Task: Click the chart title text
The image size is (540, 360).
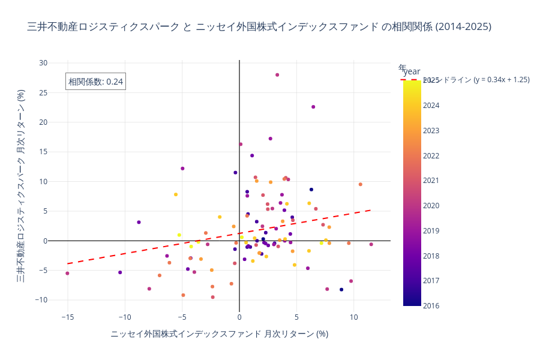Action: tap(259, 26)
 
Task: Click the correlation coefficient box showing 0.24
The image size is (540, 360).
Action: tap(95, 82)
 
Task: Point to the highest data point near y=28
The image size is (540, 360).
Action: tap(277, 75)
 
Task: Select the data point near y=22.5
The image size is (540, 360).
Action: tap(313, 107)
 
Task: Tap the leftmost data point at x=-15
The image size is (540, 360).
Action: tap(67, 273)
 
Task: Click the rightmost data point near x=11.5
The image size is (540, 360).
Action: tap(371, 244)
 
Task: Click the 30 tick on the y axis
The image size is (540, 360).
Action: tap(43, 62)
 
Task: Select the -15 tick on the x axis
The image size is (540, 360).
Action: tap(67, 317)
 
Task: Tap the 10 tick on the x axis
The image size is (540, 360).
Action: tap(354, 317)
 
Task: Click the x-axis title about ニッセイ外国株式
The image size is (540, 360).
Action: tap(219, 334)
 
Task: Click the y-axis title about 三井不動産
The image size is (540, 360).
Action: tap(20, 185)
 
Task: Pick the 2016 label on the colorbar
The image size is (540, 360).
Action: tap(431, 306)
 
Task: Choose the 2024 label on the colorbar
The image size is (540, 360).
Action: tap(431, 106)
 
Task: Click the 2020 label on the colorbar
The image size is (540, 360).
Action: tap(431, 206)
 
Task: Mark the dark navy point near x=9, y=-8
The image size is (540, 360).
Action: tap(341, 289)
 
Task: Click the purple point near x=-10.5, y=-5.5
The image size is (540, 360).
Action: tap(120, 272)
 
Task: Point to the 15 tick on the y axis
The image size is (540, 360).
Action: tap(43, 152)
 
